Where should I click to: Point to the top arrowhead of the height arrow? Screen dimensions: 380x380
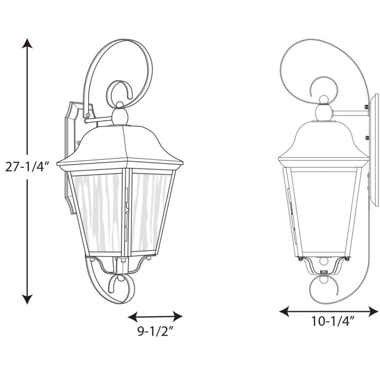tap(27, 43)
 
